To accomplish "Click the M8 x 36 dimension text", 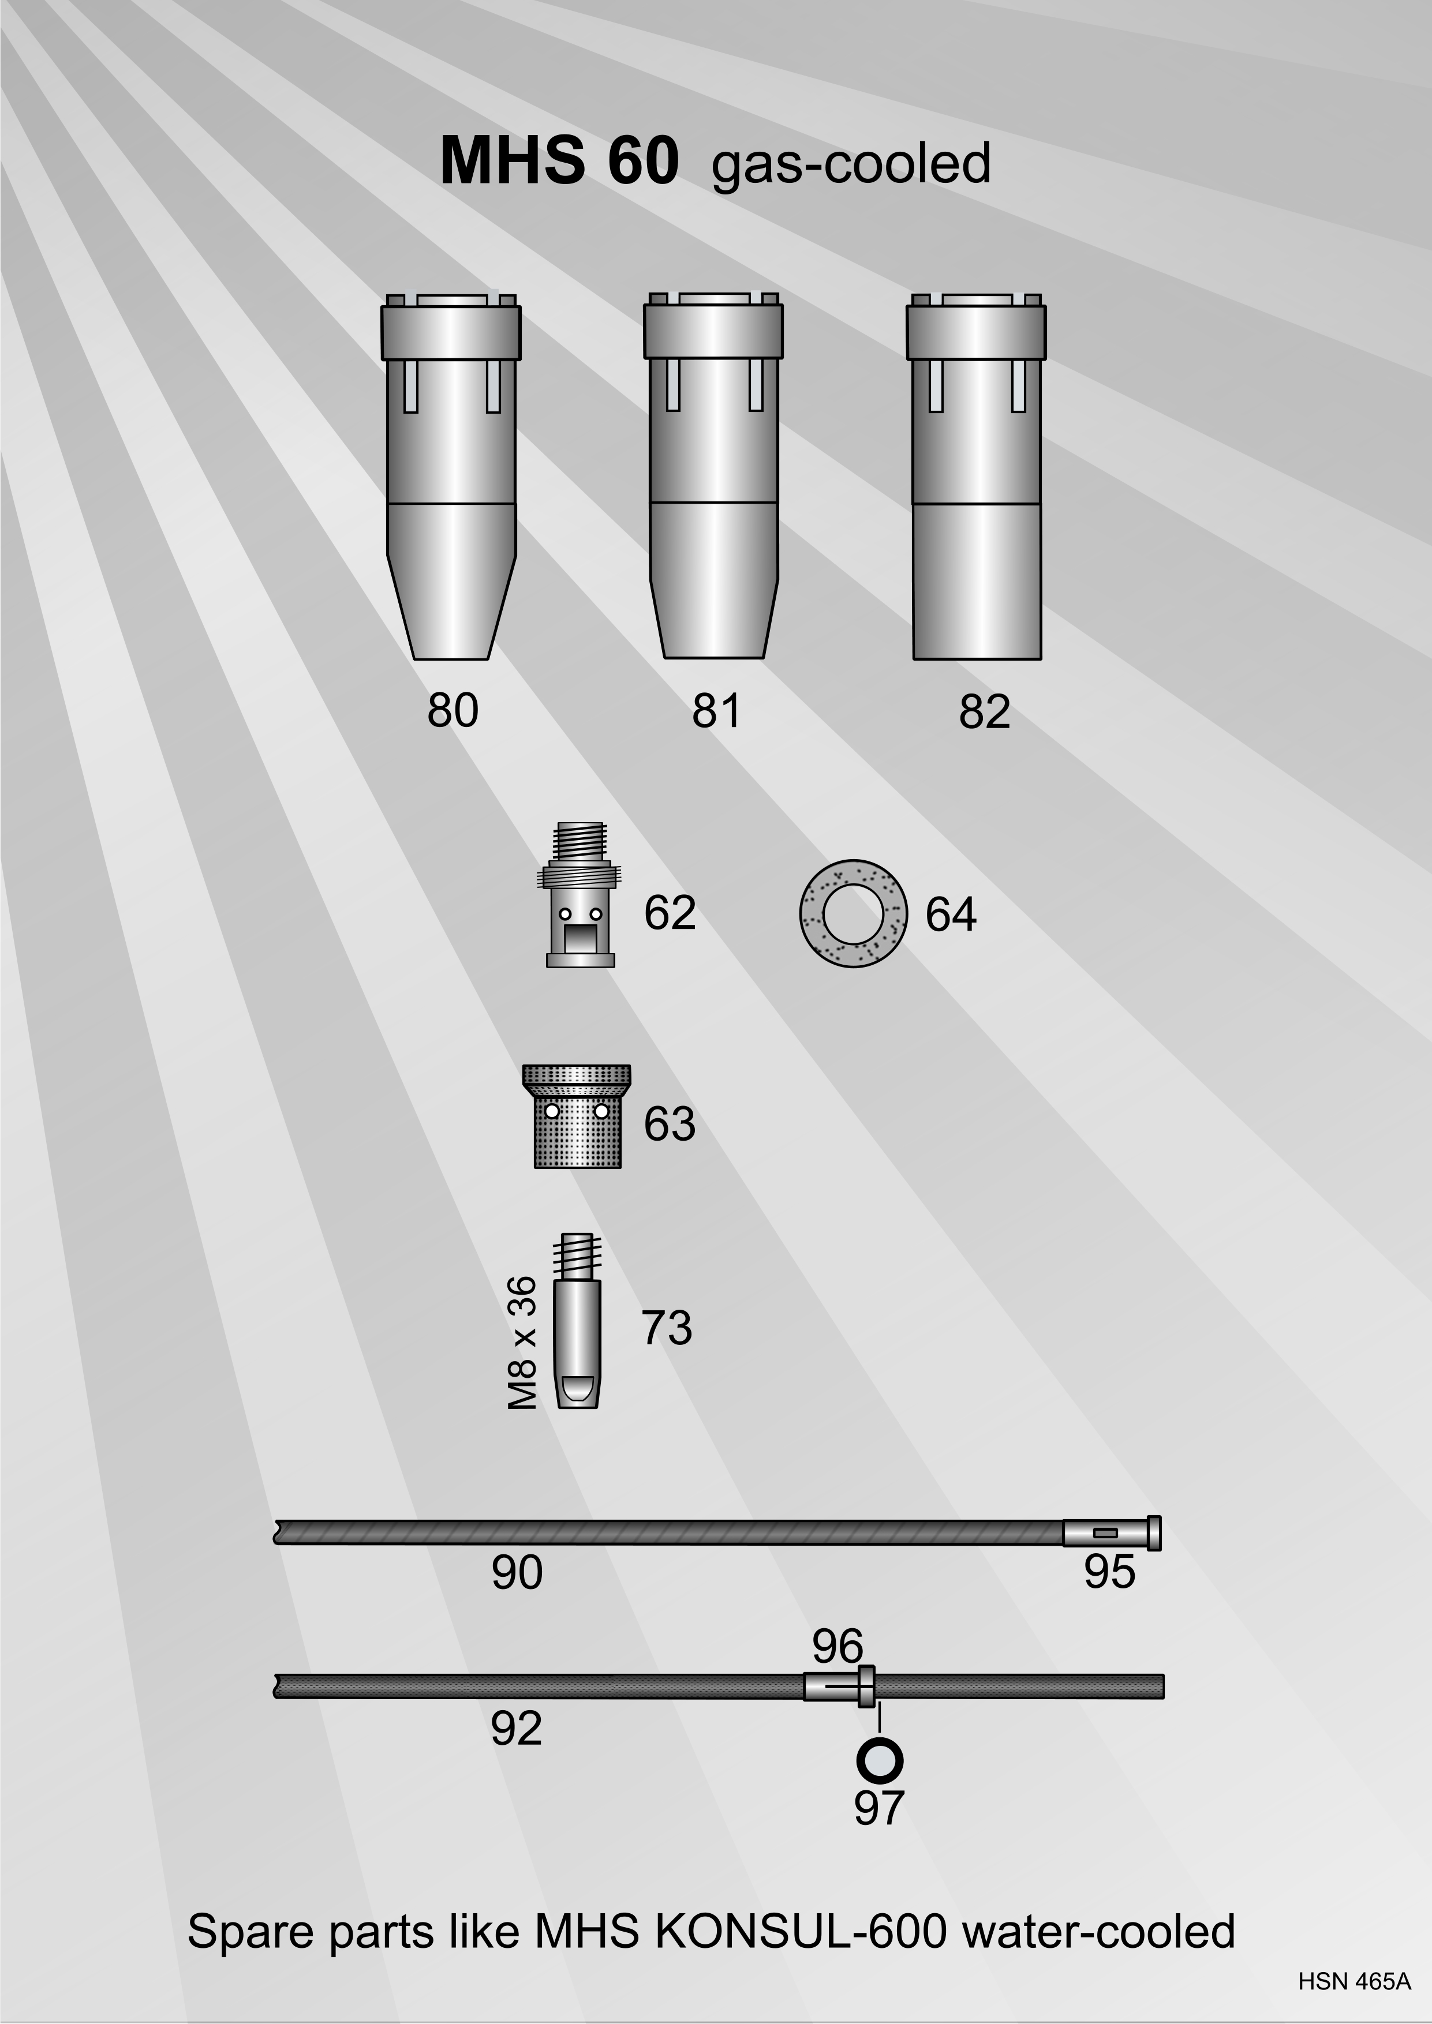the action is [523, 1343].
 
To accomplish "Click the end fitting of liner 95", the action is [1112, 1533].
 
